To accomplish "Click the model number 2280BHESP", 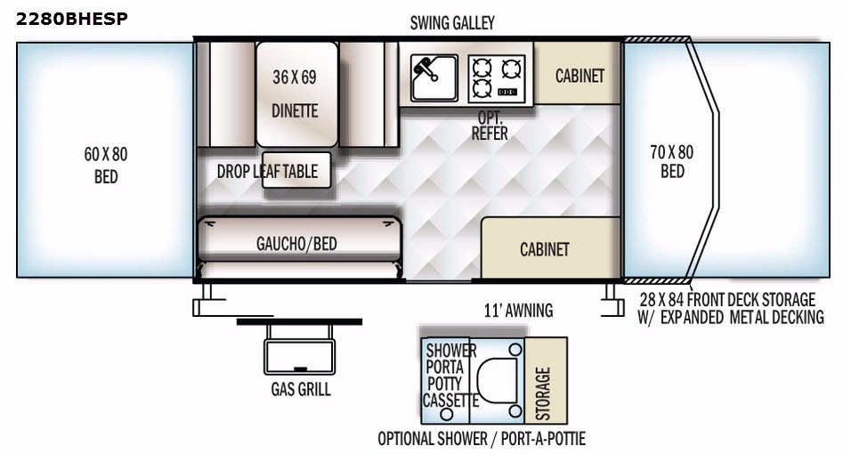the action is tap(71, 19).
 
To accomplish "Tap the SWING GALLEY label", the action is tap(452, 23).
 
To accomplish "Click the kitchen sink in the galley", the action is tap(434, 77).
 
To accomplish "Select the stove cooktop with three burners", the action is tap(496, 78).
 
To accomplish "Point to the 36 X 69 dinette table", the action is tap(296, 94).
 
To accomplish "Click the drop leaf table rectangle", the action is tap(296, 170).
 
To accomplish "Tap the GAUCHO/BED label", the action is tap(296, 244).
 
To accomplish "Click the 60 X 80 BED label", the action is tap(106, 166).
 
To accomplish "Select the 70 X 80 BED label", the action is tap(672, 161).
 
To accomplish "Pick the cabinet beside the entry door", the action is tap(550, 248).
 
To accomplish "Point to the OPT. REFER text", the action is tap(490, 126).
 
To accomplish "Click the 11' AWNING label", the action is tap(518, 311).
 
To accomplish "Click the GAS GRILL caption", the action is tap(301, 389).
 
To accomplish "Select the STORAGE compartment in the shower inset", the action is tap(546, 380).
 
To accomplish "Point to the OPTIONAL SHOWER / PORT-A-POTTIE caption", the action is tap(482, 439).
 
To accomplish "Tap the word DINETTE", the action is tap(295, 110).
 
